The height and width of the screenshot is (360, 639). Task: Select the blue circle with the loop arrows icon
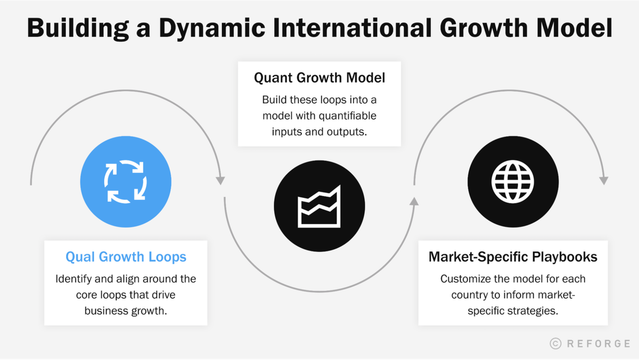click(126, 182)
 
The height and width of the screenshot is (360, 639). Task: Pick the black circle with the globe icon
click(513, 182)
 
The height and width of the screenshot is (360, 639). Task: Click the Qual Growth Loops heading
click(126, 257)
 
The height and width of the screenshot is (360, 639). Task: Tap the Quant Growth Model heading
click(319, 78)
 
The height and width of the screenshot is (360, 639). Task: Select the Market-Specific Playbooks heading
click(513, 257)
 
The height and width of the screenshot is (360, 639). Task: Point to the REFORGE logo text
click(598, 343)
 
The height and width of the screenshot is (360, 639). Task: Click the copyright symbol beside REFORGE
click(555, 343)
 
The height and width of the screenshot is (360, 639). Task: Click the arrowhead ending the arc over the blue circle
click(220, 181)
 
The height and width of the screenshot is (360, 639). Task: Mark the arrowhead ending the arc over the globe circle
click(603, 181)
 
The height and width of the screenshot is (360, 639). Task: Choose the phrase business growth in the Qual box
click(126, 310)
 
